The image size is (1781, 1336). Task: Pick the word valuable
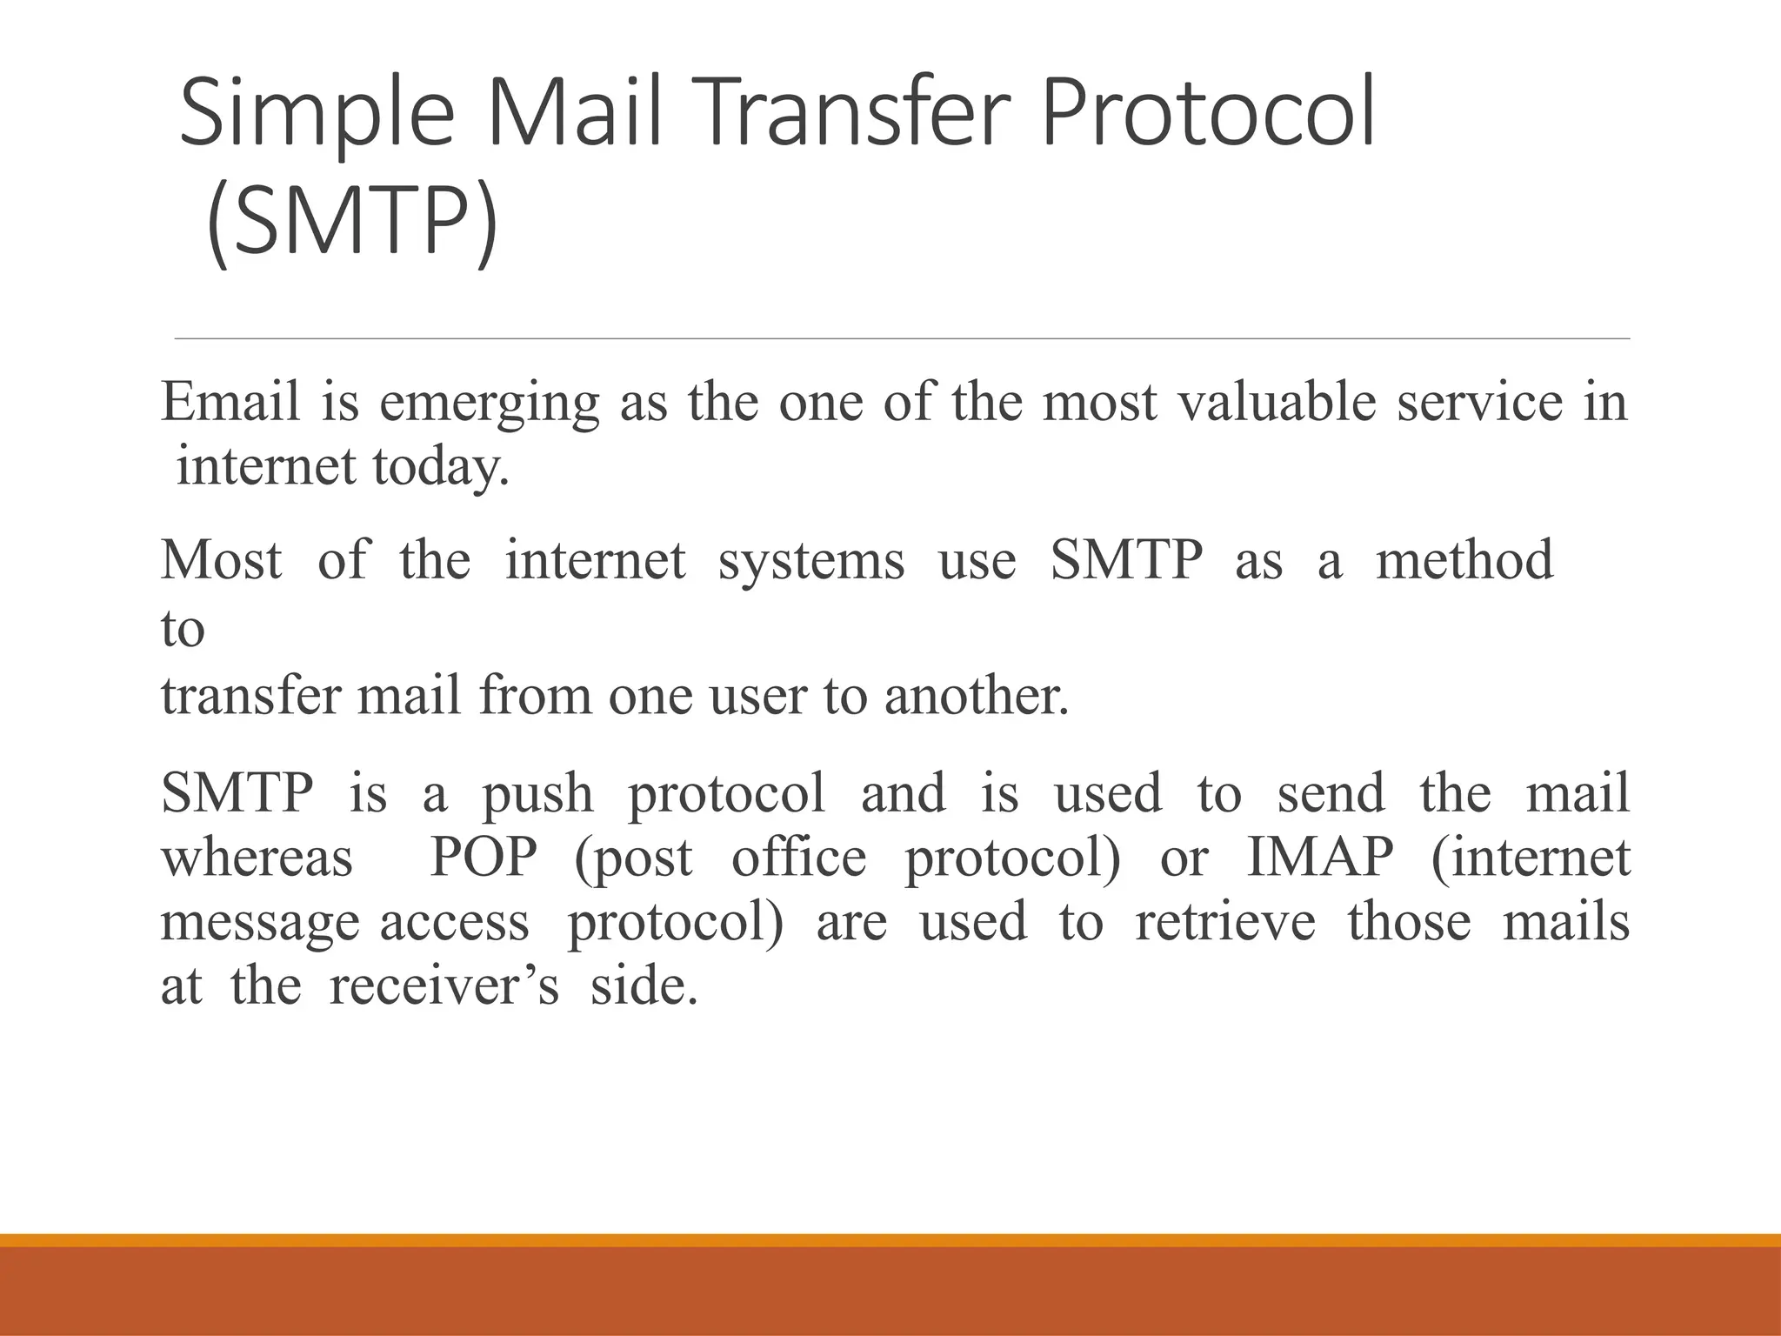pyautogui.click(x=1276, y=402)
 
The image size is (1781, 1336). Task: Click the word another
pyautogui.click(x=976, y=697)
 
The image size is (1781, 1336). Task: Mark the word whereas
pyautogui.click(x=257, y=858)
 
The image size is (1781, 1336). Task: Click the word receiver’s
pyautogui.click(x=444, y=986)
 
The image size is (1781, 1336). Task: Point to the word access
pyautogui.click(x=454, y=923)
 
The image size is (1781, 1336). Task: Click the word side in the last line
pyautogui.click(x=644, y=986)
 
